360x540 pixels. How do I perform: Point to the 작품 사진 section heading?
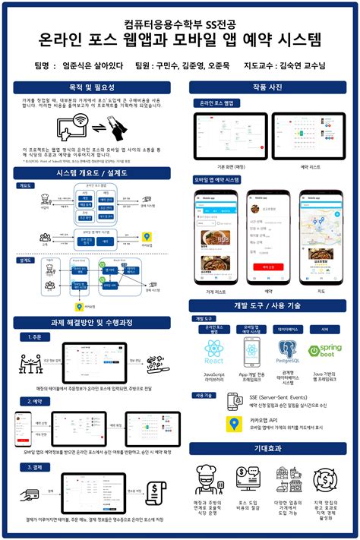[x=267, y=87]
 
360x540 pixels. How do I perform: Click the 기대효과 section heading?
[x=267, y=448]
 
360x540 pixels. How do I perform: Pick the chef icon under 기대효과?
[x=209, y=479]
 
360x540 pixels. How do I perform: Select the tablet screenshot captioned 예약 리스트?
[x=309, y=135]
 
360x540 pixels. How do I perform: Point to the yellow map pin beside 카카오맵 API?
[x=234, y=422]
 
